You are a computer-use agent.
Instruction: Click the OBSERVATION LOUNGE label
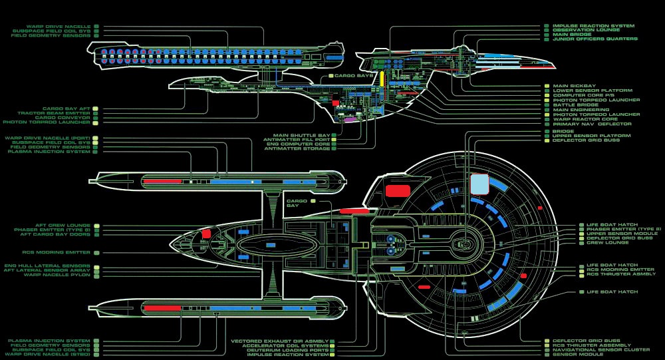click(586, 30)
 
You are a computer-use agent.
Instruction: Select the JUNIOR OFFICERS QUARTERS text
click(595, 39)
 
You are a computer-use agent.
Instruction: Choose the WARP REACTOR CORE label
click(586, 119)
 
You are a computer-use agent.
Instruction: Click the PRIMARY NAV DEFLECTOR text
click(592, 124)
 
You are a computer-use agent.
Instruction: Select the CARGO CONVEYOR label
click(65, 118)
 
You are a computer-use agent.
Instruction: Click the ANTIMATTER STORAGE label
click(297, 148)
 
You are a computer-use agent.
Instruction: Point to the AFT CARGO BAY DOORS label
click(56, 234)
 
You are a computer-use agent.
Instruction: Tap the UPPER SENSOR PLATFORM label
click(587, 136)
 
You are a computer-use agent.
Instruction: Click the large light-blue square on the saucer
click(479, 184)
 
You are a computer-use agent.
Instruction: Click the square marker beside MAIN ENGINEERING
click(547, 110)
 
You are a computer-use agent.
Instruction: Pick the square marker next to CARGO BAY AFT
click(96, 108)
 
